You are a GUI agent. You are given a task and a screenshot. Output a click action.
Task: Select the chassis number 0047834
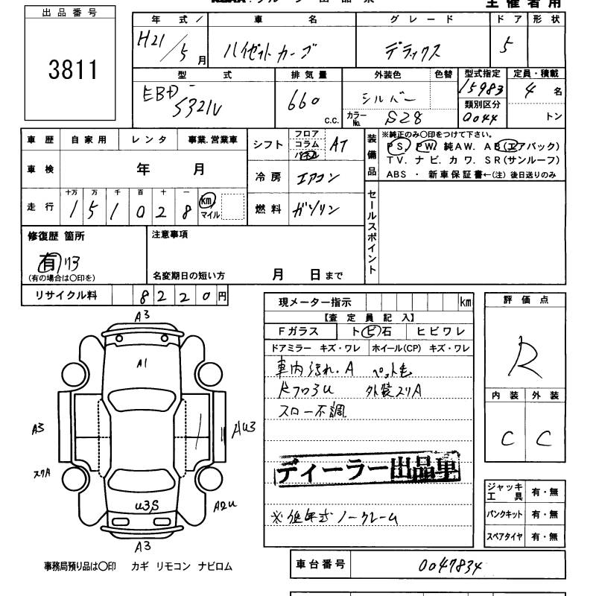pos(451,566)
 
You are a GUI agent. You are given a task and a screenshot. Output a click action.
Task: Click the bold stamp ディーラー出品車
pos(368,471)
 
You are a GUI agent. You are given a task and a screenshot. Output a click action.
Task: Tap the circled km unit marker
pos(209,202)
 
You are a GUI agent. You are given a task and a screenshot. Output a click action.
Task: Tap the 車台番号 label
pos(319,565)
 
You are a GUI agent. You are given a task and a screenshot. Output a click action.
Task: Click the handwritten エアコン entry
pos(317,177)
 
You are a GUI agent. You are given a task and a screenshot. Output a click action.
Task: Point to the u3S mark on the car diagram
pos(146,507)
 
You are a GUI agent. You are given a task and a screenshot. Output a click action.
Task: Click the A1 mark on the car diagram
pos(142,364)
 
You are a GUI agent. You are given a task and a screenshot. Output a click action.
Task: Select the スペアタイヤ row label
pos(505,536)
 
